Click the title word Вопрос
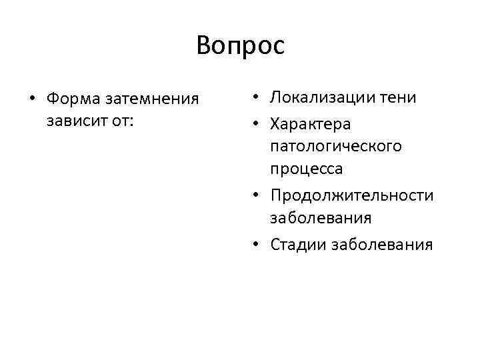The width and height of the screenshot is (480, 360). [240, 46]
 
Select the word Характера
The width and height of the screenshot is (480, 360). [311, 123]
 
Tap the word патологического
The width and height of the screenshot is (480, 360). [335, 146]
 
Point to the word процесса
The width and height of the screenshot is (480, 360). [307, 169]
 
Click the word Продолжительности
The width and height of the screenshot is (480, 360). [351, 195]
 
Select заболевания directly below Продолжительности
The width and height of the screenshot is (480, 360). [321, 218]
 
